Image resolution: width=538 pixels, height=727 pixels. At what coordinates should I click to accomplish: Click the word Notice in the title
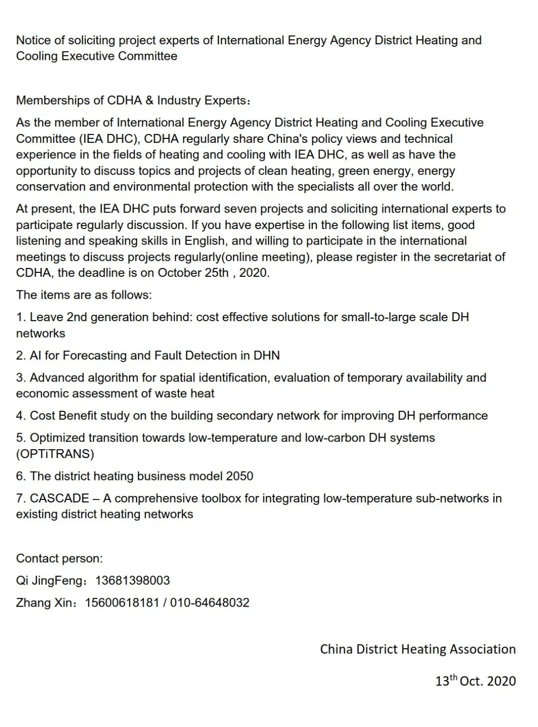(x=32, y=40)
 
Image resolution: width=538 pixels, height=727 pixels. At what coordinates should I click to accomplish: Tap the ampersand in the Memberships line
(x=149, y=101)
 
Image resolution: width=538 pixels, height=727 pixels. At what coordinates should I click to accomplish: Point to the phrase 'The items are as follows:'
(x=84, y=295)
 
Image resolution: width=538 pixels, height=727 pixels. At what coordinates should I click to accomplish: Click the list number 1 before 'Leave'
(x=20, y=317)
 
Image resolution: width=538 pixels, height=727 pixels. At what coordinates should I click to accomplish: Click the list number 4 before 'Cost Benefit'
(x=20, y=416)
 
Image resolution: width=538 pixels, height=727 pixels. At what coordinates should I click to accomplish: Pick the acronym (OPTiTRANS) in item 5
(x=55, y=454)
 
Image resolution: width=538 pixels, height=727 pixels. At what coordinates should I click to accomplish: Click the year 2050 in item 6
(x=240, y=476)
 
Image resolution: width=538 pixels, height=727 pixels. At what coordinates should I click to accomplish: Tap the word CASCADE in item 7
(x=59, y=498)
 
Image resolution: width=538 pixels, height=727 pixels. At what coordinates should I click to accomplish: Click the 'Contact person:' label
(x=59, y=558)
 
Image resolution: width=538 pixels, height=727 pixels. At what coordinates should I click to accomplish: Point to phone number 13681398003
(x=133, y=581)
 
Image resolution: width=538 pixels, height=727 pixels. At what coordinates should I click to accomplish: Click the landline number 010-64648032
(x=210, y=603)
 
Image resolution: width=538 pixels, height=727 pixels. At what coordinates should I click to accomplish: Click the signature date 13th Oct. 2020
(x=475, y=681)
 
